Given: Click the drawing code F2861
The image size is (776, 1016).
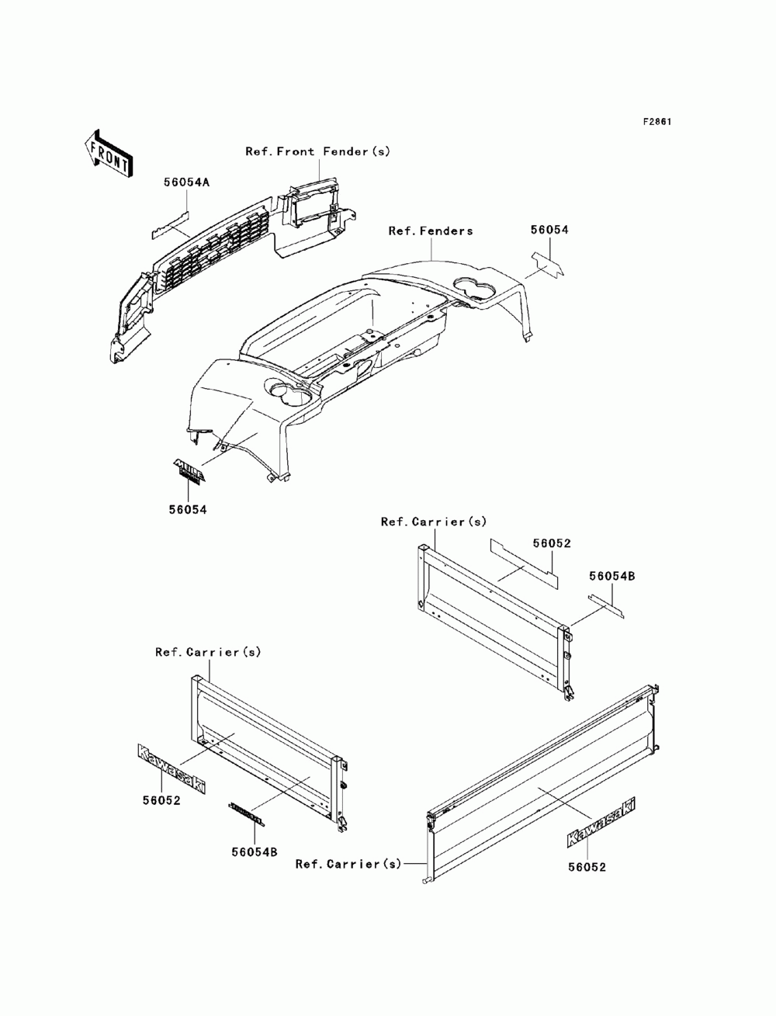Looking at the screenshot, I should point(656,122).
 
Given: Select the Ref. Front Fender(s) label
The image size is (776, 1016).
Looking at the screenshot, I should point(318,151).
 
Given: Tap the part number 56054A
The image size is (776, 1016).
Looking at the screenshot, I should point(186,182).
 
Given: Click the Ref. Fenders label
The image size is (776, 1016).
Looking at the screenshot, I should point(431,231).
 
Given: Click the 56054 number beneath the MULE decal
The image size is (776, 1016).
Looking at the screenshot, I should point(188,509).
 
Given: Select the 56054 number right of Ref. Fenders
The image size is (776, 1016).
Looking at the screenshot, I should point(549,230).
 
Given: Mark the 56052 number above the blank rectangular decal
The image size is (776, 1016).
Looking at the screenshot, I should point(551,543).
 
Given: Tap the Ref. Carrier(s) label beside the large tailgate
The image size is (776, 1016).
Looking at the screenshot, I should point(348,863).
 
